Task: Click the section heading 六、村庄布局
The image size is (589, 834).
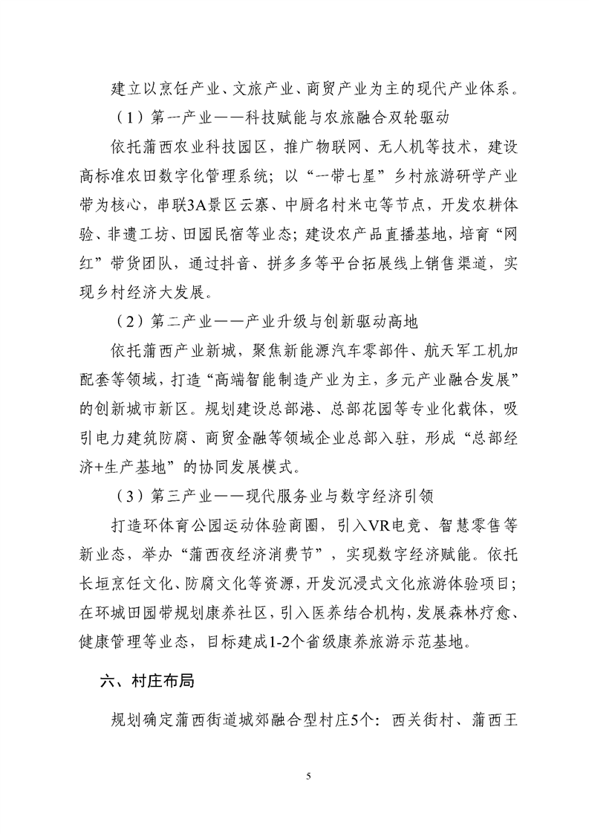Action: [x=147, y=679]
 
